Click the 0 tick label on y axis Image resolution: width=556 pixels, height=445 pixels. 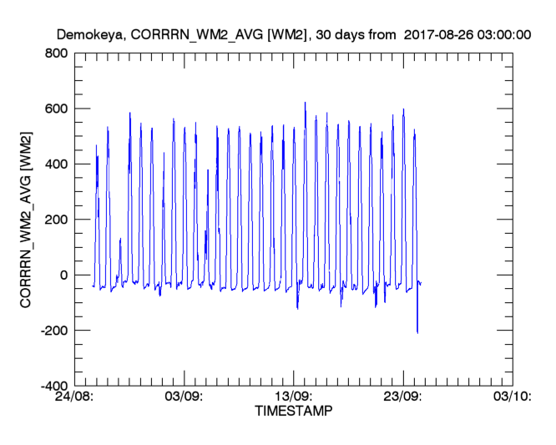(x=63, y=276)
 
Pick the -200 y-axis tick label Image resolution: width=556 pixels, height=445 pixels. (x=52, y=331)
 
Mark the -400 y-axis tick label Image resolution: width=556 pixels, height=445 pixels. (x=52, y=386)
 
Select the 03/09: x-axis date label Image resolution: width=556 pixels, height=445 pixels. (x=184, y=397)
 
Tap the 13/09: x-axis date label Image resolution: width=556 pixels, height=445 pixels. (x=294, y=397)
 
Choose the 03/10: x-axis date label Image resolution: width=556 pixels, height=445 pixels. (x=513, y=397)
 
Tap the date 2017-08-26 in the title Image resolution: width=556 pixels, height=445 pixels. (x=436, y=35)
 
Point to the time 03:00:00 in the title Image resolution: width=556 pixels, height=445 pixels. (x=503, y=35)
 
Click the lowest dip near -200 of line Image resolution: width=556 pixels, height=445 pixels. (x=417, y=332)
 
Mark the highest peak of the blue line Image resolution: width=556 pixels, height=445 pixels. (x=305, y=103)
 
